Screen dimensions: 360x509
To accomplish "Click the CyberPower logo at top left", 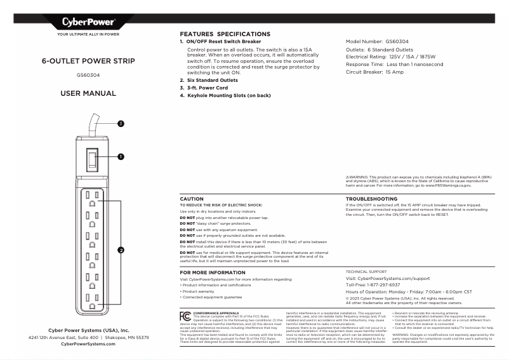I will pyautogui.click(x=88, y=22).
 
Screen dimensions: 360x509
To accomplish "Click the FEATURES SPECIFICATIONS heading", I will pyautogui.click(x=225, y=34).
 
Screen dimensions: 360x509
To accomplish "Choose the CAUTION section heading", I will pyautogui.click(x=192, y=199).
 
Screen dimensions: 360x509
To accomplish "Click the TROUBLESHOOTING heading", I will pyautogui.click(x=371, y=199).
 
